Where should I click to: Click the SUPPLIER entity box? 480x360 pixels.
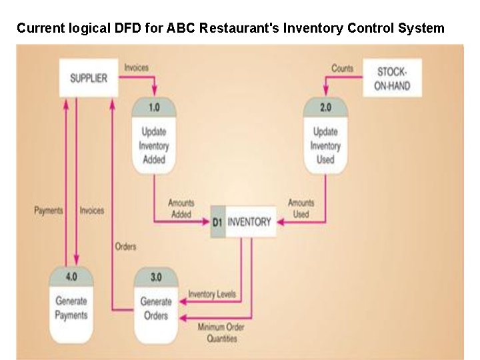pos(89,78)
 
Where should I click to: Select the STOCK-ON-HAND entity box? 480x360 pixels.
pos(392,78)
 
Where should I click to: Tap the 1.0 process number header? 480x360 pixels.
pos(154,108)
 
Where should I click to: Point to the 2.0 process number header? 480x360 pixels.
pos(325,108)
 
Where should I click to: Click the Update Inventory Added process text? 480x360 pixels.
pos(154,145)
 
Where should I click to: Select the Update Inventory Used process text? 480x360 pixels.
pos(325,145)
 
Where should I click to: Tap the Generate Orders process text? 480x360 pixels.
pos(156,308)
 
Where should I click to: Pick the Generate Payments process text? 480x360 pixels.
pos(71,308)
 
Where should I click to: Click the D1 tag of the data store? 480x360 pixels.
pos(217,223)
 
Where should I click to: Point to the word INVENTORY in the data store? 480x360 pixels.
pos(249,223)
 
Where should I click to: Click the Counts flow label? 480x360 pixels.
pos(342,68)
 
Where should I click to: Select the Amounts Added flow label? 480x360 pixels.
pos(181,209)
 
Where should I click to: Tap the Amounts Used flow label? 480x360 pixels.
pos(301,209)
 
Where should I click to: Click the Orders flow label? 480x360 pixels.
pos(125,247)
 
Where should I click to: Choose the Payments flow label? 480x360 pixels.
pos(48,211)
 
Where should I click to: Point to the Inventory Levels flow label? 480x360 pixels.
pos(211,294)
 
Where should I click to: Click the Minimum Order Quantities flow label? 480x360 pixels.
pos(221,332)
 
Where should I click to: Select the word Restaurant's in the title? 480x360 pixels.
pos(240,28)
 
